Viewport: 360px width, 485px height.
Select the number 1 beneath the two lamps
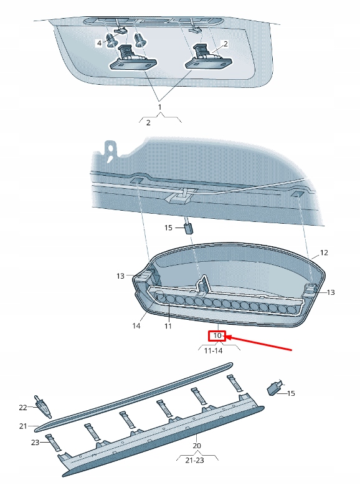[x=160, y=107]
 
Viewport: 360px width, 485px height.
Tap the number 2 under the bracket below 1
[x=148, y=123]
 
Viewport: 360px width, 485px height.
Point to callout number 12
[x=324, y=253]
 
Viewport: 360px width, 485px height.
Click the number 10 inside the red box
[x=217, y=336]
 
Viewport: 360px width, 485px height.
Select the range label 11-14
[x=214, y=351]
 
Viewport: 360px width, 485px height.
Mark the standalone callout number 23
[x=36, y=443]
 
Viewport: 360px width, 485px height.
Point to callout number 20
[x=197, y=446]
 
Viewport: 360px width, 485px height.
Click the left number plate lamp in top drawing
[x=134, y=62]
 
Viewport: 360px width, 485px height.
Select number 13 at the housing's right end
[x=331, y=292]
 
